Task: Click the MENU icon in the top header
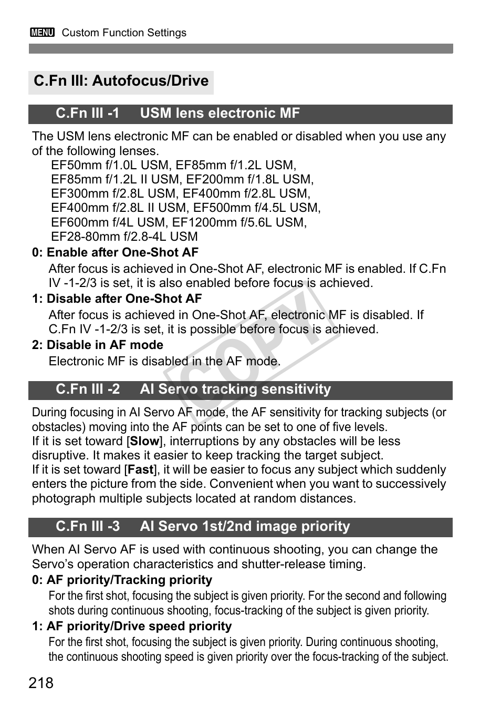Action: pos(43,33)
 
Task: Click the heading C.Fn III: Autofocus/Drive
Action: pos(121,81)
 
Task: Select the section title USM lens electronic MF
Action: pos(220,114)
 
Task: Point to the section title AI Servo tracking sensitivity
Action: pos(235,389)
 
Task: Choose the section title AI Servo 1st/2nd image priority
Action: pos(245,526)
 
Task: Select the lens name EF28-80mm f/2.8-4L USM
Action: pos(124,237)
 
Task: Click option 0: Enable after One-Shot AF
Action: pos(115,252)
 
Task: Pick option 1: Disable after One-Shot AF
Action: pos(117,299)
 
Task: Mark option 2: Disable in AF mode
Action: pos(98,345)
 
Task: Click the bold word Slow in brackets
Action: pos(144,442)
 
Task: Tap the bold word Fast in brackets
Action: pos(140,470)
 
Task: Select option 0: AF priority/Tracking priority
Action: pos(122,580)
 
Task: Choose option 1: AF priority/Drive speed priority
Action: pos(132,626)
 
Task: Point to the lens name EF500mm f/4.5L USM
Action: pos(256,208)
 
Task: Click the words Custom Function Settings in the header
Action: pos(124,33)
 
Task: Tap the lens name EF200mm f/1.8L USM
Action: pos(249,179)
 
